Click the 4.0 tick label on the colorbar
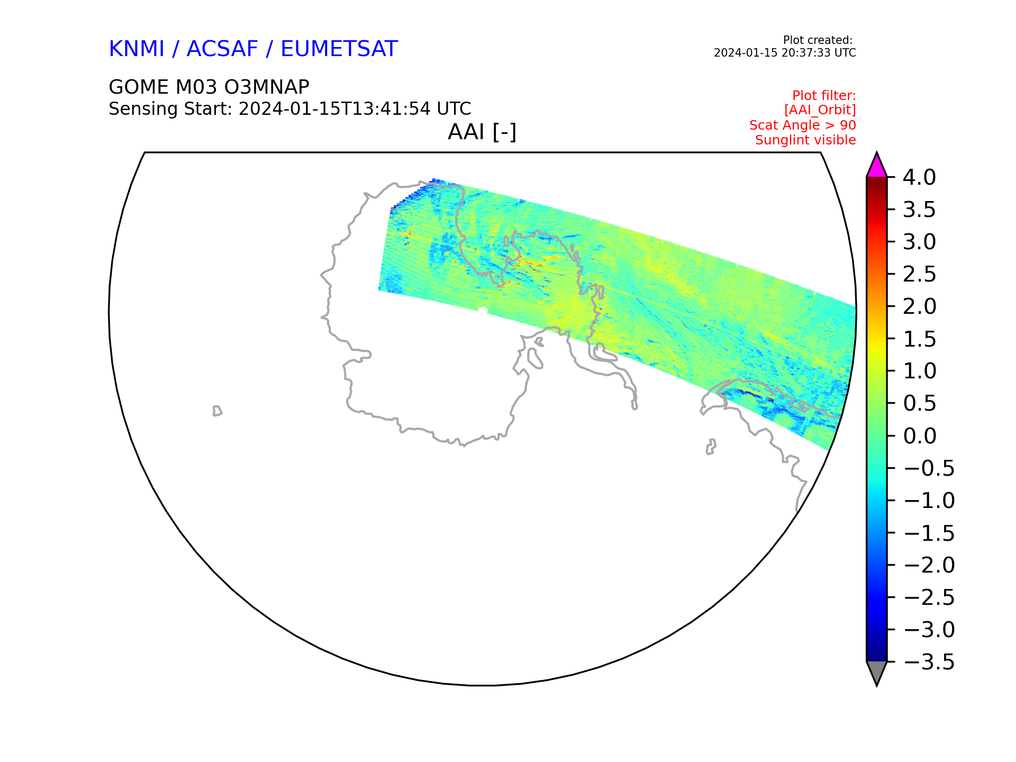919,177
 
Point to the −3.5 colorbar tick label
929,662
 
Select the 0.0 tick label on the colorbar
919,436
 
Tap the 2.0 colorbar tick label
919,306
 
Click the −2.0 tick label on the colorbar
929,565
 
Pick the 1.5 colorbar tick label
919,339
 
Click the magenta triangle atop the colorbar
877,166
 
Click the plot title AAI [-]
482,132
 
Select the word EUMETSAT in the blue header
339,49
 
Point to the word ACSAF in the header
222,49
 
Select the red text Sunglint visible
805,140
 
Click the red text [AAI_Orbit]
820,110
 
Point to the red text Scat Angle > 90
802,125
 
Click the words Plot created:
818,40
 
